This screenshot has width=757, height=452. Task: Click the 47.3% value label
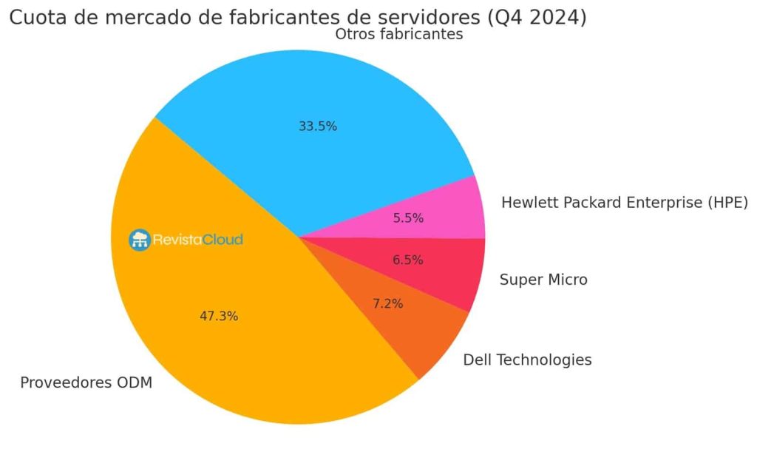(219, 316)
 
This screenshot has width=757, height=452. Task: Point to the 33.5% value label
(318, 127)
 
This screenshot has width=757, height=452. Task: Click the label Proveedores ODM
(86, 383)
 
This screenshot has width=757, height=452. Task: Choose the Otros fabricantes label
(399, 35)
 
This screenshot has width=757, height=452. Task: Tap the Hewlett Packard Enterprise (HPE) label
(625, 202)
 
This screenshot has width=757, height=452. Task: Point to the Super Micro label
(543, 280)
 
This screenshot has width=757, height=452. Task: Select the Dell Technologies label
(527, 360)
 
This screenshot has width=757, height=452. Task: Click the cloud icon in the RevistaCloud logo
(139, 240)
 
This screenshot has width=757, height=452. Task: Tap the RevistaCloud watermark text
(197, 240)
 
